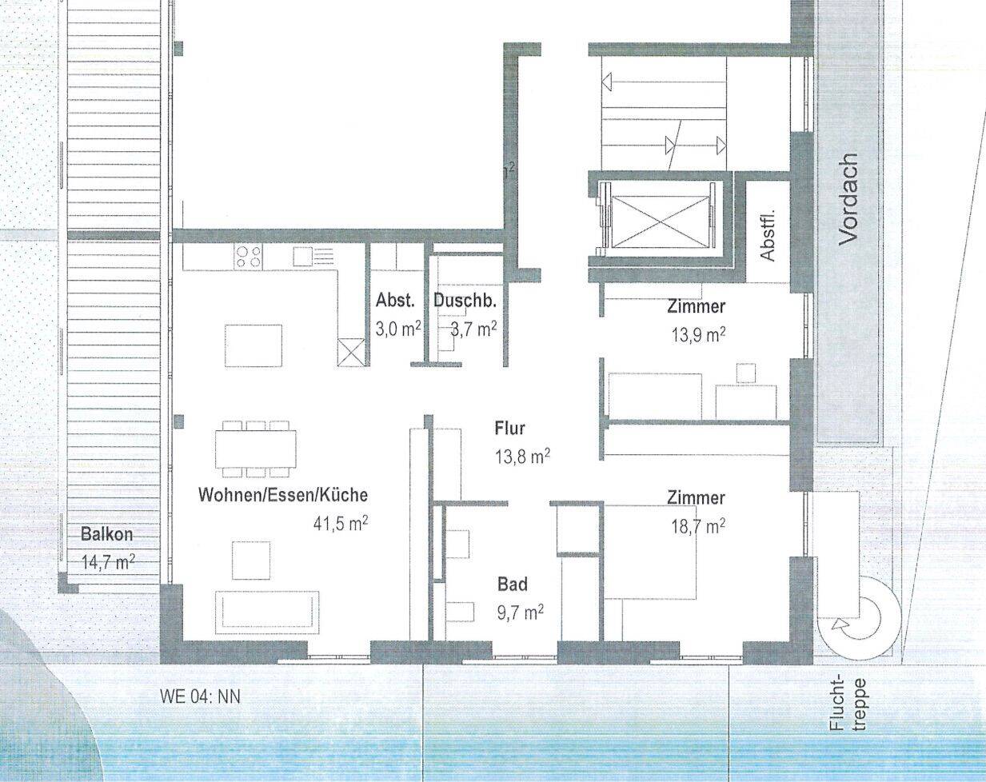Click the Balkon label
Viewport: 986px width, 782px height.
click(106, 534)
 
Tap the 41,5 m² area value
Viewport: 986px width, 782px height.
click(341, 524)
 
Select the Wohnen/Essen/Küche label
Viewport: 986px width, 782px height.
click(283, 495)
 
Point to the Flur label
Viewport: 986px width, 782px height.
click(509, 429)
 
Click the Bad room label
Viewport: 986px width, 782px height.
click(513, 585)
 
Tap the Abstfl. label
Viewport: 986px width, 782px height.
click(767, 235)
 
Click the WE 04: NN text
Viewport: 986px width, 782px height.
click(200, 696)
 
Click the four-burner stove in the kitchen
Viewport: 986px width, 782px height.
click(249, 257)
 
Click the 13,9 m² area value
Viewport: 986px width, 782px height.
click(698, 334)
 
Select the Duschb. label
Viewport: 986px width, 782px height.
click(465, 301)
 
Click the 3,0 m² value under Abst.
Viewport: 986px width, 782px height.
click(397, 329)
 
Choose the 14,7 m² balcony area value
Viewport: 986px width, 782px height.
click(108, 561)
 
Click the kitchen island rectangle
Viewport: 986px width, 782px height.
click(253, 345)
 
